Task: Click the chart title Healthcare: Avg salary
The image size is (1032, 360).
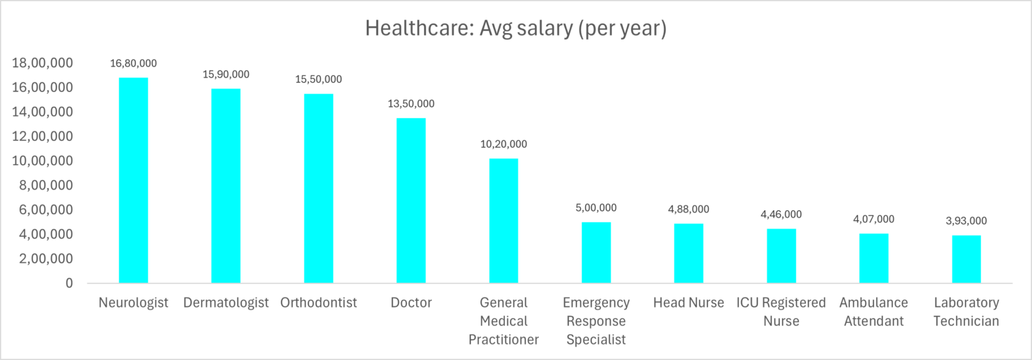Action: (x=515, y=29)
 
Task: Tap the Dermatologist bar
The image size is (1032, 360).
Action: (x=226, y=185)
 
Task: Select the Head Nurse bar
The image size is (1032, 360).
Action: (x=689, y=253)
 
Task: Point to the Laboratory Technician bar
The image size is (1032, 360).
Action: (x=966, y=259)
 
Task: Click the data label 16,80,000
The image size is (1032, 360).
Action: (x=133, y=64)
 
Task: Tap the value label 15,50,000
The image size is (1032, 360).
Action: (x=318, y=79)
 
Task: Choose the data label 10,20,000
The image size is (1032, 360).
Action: (x=503, y=144)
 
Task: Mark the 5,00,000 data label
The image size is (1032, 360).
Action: (x=596, y=208)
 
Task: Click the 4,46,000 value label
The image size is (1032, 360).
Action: (x=781, y=215)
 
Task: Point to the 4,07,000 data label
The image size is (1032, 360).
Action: (x=873, y=220)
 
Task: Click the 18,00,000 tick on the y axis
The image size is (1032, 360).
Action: (x=42, y=63)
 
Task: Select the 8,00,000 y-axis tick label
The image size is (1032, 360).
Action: (x=46, y=185)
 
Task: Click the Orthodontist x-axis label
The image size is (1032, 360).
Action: (x=318, y=303)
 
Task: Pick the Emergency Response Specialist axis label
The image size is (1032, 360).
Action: (x=596, y=321)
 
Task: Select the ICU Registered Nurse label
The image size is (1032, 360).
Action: (x=781, y=312)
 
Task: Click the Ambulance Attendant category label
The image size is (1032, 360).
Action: (x=873, y=312)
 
